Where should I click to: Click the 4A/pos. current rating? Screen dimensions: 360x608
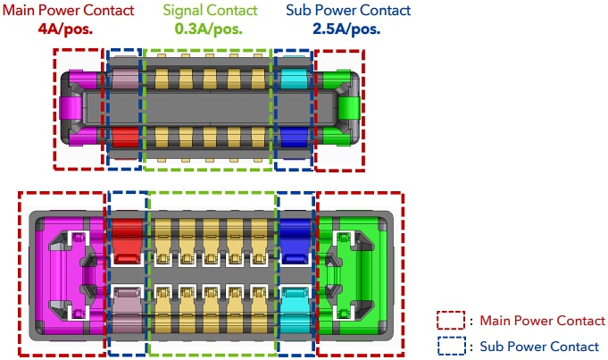pyautogui.click(x=67, y=28)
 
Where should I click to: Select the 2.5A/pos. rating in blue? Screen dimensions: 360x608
pyautogui.click(x=346, y=28)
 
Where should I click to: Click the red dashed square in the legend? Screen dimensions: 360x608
pyautogui.click(x=450, y=321)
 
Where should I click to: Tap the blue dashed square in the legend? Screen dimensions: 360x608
pyautogui.click(x=450, y=347)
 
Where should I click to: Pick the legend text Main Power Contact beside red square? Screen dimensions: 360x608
pyautogui.click(x=542, y=321)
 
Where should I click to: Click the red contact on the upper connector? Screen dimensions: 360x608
pyautogui.click(x=124, y=138)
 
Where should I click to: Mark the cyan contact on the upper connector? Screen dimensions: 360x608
pyautogui.click(x=292, y=79)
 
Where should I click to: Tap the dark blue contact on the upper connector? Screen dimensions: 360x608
pyautogui.click(x=292, y=138)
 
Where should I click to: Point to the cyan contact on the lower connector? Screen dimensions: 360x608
pyautogui.click(x=295, y=302)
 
